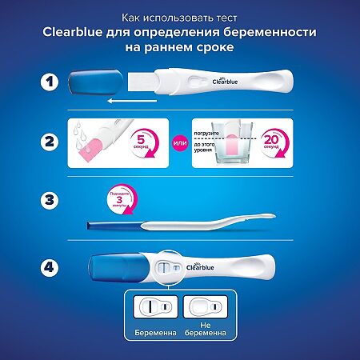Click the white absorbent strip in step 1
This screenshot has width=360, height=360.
(148, 82)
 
